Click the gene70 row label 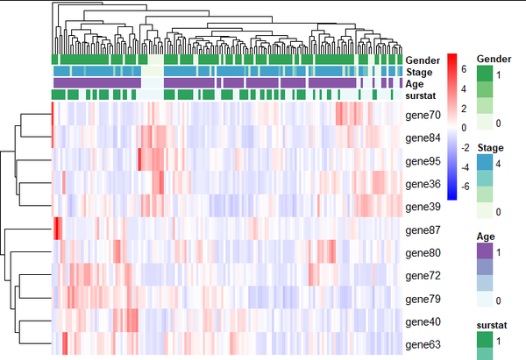[423, 116]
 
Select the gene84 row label [423, 138]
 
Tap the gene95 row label [423, 161]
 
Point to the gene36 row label [423, 184]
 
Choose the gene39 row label [423, 207]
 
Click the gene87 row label [423, 230]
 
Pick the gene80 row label [423, 253]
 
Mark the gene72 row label [423, 276]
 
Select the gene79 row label [423, 299]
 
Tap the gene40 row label [423, 322]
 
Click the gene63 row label [423, 345]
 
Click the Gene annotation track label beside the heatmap [423, 60]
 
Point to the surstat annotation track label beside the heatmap [420, 95]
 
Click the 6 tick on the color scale [464, 69]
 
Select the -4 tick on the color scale [465, 167]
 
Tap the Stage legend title [490, 148]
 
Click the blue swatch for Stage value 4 [485, 163]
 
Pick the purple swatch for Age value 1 [485, 251]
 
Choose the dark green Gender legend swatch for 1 [485, 74]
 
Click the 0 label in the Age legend [499, 300]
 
